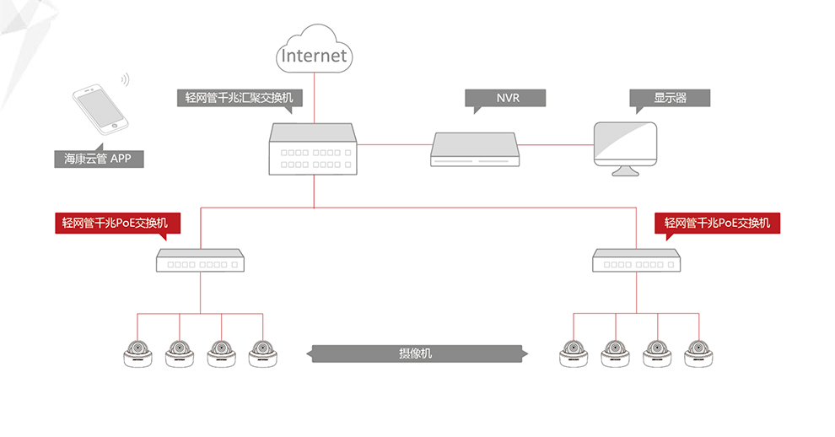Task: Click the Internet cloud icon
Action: [x=315, y=49]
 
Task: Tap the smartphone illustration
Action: [x=100, y=109]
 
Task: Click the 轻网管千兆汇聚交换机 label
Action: [x=240, y=99]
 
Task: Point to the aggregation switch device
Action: [x=313, y=149]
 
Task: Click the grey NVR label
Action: [x=505, y=99]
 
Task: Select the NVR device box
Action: [x=475, y=149]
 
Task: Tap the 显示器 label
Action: [x=670, y=99]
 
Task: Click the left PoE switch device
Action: [x=200, y=260]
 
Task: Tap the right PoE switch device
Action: [x=636, y=260]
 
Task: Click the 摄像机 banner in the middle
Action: [x=417, y=353]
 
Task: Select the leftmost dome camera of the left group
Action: [x=138, y=353]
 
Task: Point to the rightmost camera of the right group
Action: [x=698, y=353]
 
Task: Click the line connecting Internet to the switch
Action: [x=315, y=98]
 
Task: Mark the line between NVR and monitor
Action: [x=557, y=144]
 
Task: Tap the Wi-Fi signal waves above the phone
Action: [x=125, y=79]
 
